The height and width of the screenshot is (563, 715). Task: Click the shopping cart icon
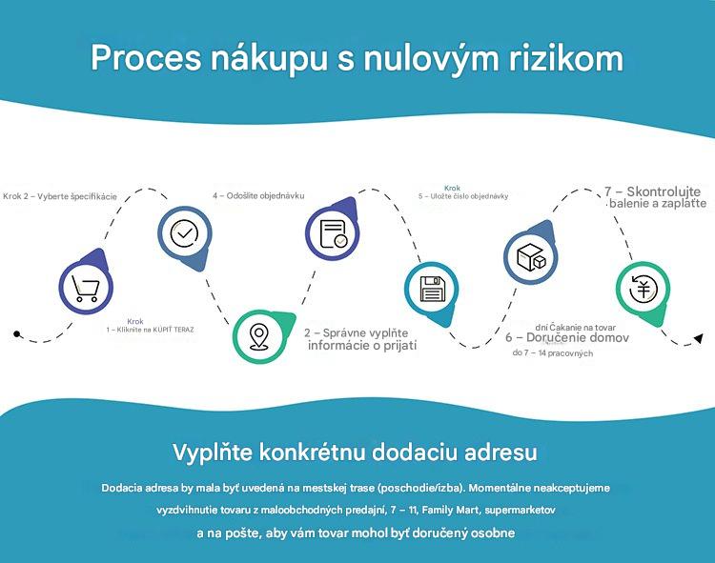pos(86,289)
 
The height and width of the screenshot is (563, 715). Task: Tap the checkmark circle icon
pos(184,233)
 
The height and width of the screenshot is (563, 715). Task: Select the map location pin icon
pos(259,337)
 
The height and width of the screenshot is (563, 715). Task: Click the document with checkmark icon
pos(333,234)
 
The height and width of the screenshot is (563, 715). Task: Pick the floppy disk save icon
pos(432,289)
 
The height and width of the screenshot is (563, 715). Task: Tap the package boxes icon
pos(531,256)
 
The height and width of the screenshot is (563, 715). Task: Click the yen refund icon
pos(643,290)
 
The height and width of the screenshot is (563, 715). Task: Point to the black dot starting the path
pos(17,333)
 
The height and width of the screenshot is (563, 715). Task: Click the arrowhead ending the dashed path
pos(698,338)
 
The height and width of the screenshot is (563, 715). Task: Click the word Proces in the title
pos(146,58)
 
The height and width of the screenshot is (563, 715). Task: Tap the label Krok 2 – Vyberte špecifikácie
pos(60,197)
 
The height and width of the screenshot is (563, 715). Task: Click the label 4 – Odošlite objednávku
pos(258,196)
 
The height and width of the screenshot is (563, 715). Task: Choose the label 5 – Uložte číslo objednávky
pos(463,196)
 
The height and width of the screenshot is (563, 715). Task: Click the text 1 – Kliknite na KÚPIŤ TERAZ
pos(150,330)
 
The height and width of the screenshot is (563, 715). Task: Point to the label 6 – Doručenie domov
pos(567,337)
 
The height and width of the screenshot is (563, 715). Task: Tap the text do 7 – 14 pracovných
pos(553,353)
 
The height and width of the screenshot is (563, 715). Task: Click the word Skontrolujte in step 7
pos(664,191)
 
